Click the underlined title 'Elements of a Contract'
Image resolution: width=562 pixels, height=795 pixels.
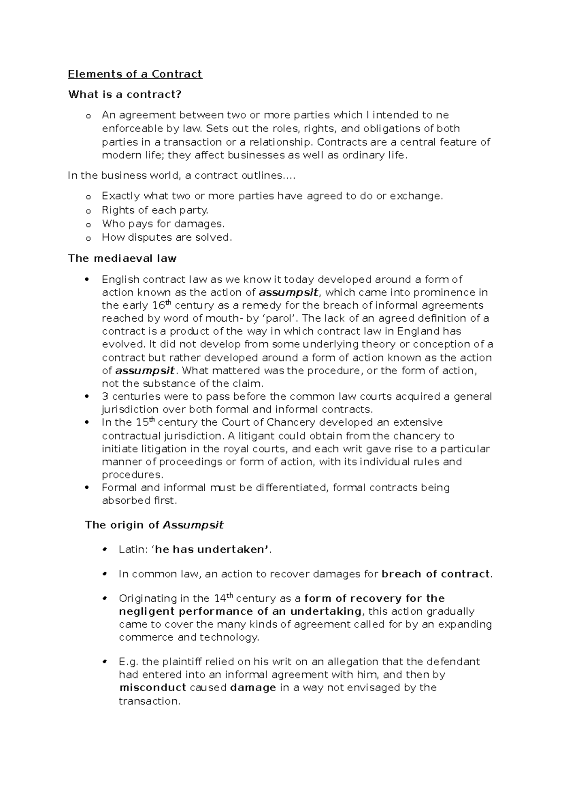(135, 74)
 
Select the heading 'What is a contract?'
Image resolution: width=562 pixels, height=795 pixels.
(125, 95)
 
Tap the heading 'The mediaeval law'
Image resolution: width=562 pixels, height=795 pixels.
(122, 258)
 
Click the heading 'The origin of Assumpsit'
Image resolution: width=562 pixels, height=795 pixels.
(154, 525)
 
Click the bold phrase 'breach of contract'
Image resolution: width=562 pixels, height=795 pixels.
(436, 574)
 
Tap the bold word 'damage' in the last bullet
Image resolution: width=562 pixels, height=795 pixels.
(253, 688)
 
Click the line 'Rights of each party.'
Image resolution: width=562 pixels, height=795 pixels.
(155, 210)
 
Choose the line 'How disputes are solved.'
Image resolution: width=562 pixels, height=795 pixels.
(167, 237)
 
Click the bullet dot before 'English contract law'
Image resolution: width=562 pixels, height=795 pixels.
(86, 280)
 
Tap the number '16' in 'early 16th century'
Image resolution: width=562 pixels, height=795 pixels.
(158, 306)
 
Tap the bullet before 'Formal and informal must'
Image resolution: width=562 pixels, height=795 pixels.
(86, 488)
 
